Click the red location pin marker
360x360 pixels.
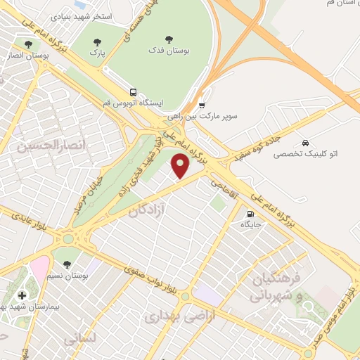pos(181,167)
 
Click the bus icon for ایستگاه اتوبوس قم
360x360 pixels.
pos(133,91)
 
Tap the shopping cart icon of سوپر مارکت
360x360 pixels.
pos(202,103)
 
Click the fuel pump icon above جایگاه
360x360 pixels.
pos(250,214)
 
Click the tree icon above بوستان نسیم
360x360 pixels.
pos(67,264)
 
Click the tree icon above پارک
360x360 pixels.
pos(96,40)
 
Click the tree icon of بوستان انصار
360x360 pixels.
pos(28,44)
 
